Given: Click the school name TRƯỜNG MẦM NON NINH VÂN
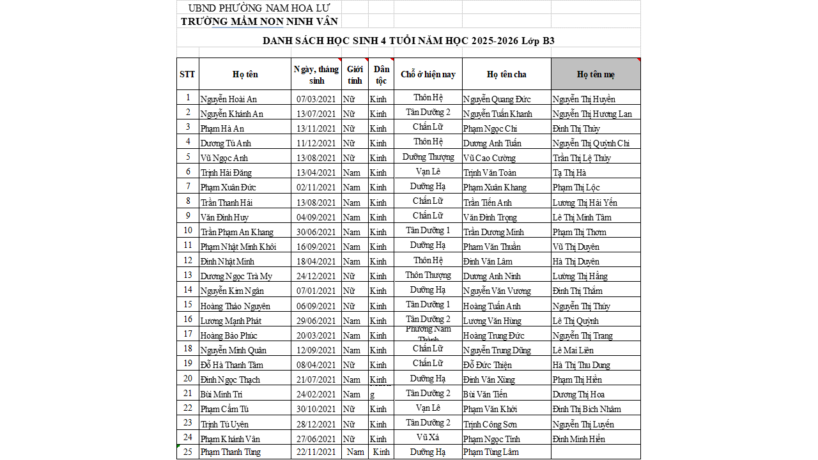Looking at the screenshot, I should click(x=259, y=21).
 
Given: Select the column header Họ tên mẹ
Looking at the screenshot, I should click(x=596, y=74).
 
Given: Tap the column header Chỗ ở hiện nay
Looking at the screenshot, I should click(x=428, y=74).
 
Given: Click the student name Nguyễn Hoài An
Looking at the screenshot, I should click(x=228, y=99).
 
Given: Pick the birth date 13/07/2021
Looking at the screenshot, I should click(x=316, y=114).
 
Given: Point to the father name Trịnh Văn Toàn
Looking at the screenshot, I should click(x=490, y=172).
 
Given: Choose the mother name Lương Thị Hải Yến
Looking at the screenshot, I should click(x=585, y=203).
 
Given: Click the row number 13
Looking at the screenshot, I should click(x=188, y=275).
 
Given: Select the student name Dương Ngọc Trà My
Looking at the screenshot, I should click(x=236, y=276).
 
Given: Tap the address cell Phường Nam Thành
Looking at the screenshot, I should click(x=428, y=334).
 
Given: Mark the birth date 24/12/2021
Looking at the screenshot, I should click(x=316, y=276).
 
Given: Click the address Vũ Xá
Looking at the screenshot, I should click(x=428, y=438).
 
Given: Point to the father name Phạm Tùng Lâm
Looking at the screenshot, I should click(x=491, y=452).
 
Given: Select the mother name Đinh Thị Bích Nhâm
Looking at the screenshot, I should click(x=587, y=409).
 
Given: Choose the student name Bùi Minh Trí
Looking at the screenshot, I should click(x=221, y=394).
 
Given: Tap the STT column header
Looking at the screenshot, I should click(x=187, y=74).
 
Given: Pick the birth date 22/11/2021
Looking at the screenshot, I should click(x=316, y=452).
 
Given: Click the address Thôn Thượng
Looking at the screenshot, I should click(x=428, y=275).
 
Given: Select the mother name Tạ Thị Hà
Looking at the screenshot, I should click(x=569, y=172).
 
